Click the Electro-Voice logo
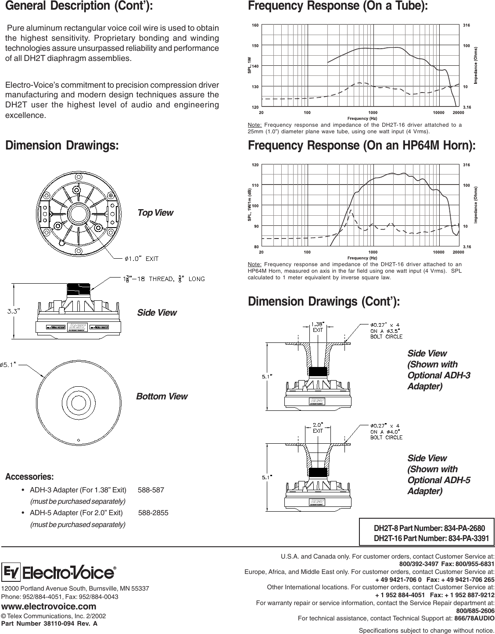pyautogui.click(x=59, y=573)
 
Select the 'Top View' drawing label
pyautogui.click(x=155, y=213)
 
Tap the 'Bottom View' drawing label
pyautogui.click(x=161, y=396)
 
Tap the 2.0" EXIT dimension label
pyautogui.click(x=318, y=427)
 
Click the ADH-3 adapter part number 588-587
pyautogui.click(x=151, y=490)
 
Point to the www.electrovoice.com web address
pyautogui.click(x=49, y=606)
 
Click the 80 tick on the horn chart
pyautogui.click(x=256, y=246)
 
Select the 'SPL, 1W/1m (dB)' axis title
pyautogui.click(x=249, y=205)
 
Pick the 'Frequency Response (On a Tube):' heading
pyautogui.click(x=337, y=7)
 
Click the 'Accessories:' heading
pyautogui.click(x=29, y=476)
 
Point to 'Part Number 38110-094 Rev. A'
pyautogui.click(x=50, y=623)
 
